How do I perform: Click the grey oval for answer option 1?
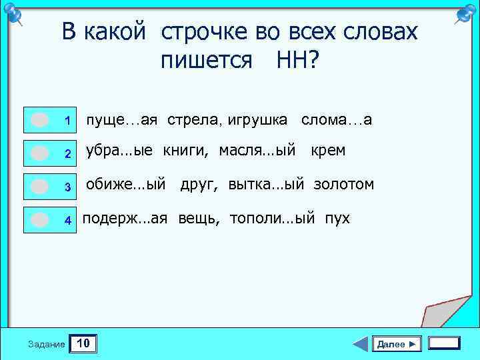(x=40, y=120)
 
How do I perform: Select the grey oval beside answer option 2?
(x=40, y=153)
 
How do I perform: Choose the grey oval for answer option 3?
(x=40, y=186)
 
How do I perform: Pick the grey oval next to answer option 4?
(x=40, y=219)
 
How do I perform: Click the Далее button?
(x=397, y=344)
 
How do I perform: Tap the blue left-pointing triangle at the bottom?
(x=360, y=344)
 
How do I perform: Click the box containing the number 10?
(x=84, y=344)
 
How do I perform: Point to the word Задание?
(x=47, y=345)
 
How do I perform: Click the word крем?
(x=328, y=151)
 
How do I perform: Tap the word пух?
(x=337, y=218)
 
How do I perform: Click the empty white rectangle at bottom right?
(x=444, y=343)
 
